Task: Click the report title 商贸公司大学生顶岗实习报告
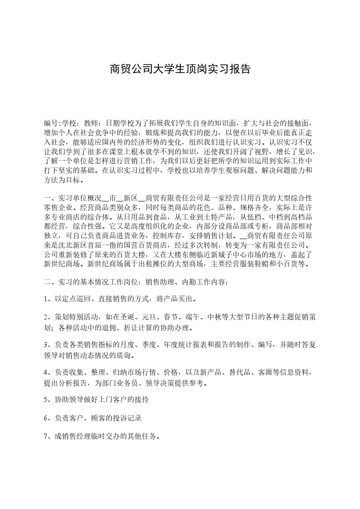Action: coord(180,69)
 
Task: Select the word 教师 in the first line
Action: coord(91,123)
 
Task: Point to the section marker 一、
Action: coord(49,199)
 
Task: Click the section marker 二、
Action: coord(49,282)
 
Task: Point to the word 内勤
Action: coord(192,282)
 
